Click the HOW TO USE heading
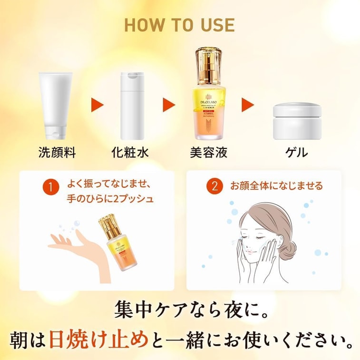179,25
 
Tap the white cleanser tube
57,105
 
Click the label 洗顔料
57,153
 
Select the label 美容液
208,153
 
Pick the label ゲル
296,153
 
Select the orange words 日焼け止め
99,338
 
